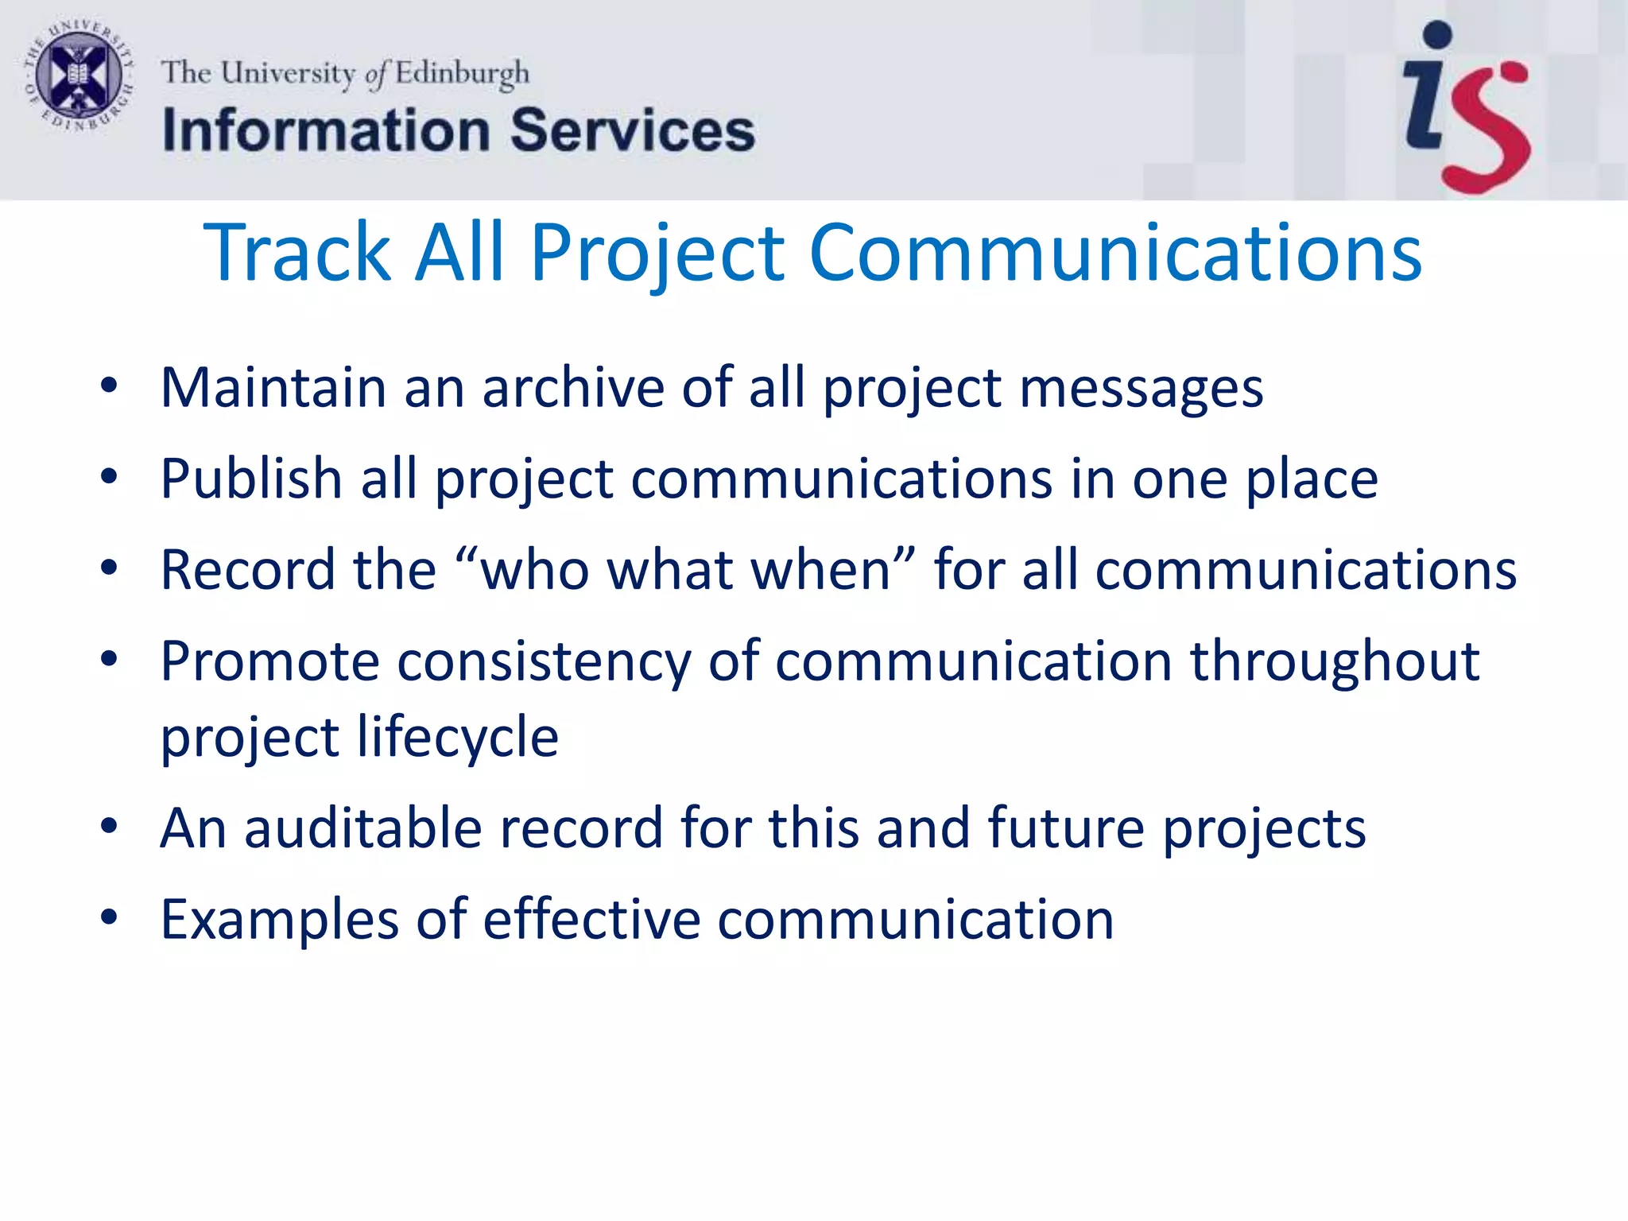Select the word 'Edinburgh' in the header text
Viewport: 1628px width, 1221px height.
pyautogui.click(x=462, y=73)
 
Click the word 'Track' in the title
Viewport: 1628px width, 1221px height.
pyautogui.click(x=297, y=253)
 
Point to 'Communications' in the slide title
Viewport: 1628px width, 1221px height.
pyautogui.click(x=1114, y=253)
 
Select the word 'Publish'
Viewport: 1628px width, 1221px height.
pyautogui.click(x=251, y=479)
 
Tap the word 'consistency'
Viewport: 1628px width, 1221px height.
pyautogui.click(x=544, y=662)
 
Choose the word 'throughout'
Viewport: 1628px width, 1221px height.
pyautogui.click(x=1334, y=662)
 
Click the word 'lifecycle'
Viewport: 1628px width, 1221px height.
pyautogui.click(x=458, y=738)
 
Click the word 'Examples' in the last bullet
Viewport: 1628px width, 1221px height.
pyautogui.click(x=279, y=920)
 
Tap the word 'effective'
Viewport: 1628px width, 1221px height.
pyautogui.click(x=591, y=920)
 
